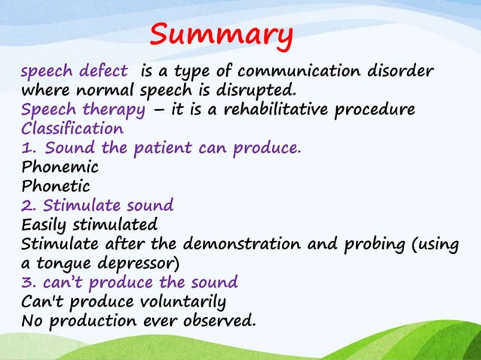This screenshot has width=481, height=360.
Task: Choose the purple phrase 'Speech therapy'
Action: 82,111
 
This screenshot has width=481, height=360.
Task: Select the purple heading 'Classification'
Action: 72,129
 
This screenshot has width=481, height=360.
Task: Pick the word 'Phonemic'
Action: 60,166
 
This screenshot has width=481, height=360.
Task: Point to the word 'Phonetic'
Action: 56,185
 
